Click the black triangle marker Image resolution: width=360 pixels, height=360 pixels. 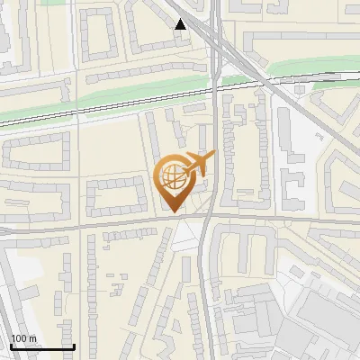coord(181,24)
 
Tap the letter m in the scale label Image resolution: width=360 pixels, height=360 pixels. coord(33,338)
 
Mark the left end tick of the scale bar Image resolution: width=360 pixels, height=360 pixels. coord(11,346)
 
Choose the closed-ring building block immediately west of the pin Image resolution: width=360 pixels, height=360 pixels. coord(117,194)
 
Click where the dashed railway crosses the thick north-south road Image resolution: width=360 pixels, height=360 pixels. coord(217,86)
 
